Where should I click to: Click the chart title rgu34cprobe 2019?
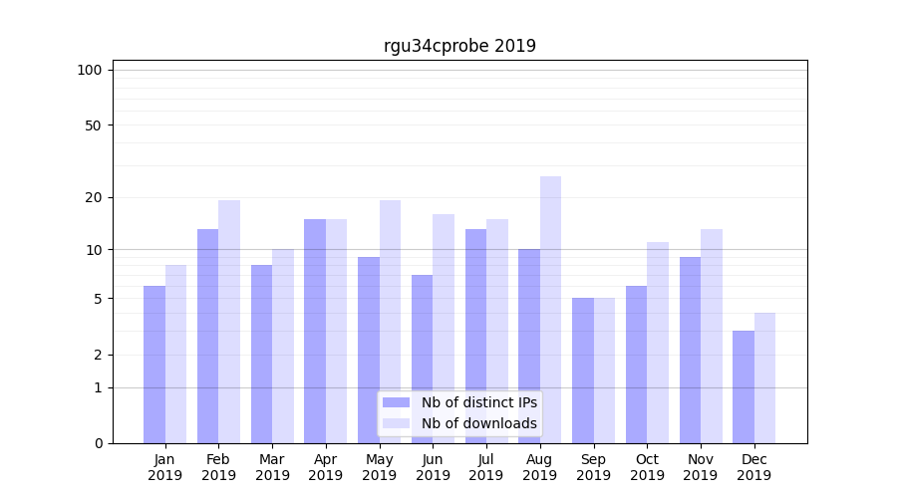pyautogui.click(x=459, y=46)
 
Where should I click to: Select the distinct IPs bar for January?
pyautogui.click(x=154, y=365)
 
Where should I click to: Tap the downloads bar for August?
pyautogui.click(x=551, y=310)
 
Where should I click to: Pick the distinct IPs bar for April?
pyautogui.click(x=315, y=331)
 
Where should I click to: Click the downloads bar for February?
pyautogui.click(x=229, y=322)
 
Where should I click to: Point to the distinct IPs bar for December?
pyautogui.click(x=744, y=386)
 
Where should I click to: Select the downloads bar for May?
pyautogui.click(x=390, y=322)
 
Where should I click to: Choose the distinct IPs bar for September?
pyautogui.click(x=583, y=371)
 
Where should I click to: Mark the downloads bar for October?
pyautogui.click(x=658, y=343)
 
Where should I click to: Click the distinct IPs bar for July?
pyautogui.click(x=475, y=336)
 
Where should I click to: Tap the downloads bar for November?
pyautogui.click(x=712, y=336)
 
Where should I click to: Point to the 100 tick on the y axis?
pyautogui.click(x=90, y=70)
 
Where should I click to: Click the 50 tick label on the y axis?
pyautogui.click(x=93, y=125)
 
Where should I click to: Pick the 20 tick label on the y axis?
pyautogui.click(x=93, y=197)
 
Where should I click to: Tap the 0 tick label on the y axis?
pyautogui.click(x=98, y=443)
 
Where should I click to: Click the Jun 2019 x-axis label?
pyautogui.click(x=433, y=467)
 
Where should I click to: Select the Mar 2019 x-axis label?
pyautogui.click(x=272, y=467)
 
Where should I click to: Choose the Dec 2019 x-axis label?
pyautogui.click(x=753, y=467)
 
